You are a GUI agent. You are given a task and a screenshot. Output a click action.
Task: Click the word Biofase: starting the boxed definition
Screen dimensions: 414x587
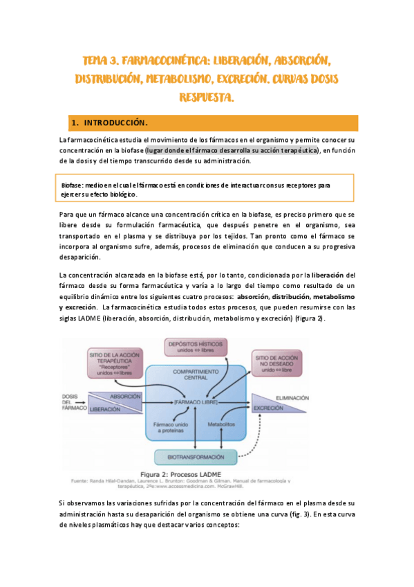tap(72, 186)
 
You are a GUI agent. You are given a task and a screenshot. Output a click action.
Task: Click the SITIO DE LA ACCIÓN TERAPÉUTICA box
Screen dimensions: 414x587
tap(116, 363)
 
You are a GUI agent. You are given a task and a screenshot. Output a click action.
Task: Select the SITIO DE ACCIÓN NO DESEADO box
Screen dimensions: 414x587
tap(280, 361)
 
